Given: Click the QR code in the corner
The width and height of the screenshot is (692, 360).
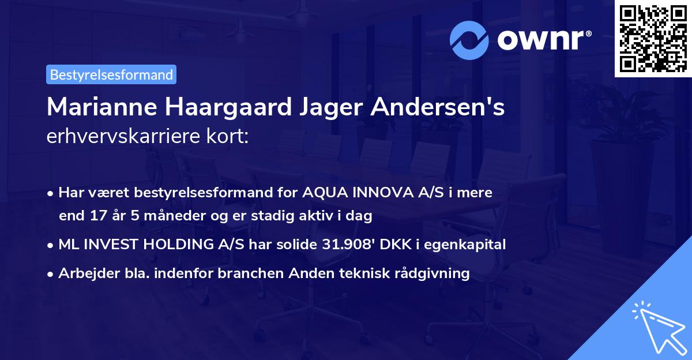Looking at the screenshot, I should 653,38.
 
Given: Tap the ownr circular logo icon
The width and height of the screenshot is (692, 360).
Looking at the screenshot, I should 469,40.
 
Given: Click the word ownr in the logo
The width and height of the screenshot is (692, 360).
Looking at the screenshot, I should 542,40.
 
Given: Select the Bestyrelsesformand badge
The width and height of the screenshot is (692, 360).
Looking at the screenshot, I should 111,74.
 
